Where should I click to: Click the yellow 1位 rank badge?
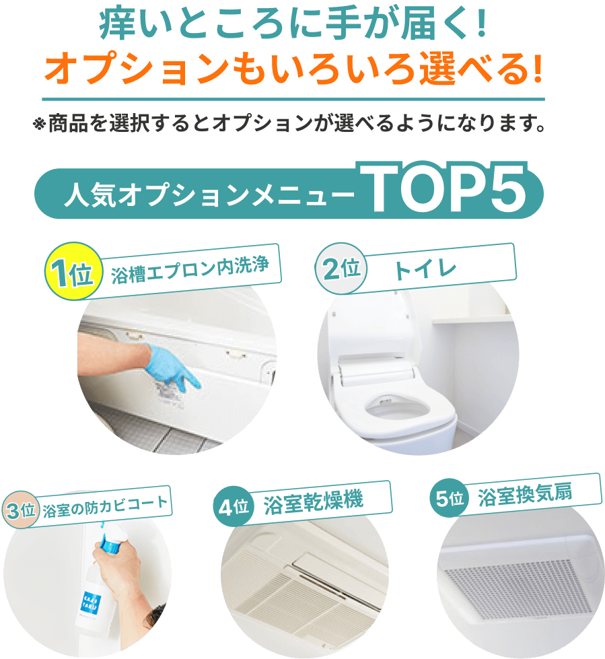tap(73, 271)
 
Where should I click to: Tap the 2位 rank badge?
tap(341, 268)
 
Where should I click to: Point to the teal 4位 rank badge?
tap(234, 506)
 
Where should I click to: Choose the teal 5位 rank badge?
tap(450, 498)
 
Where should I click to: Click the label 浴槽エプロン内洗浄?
tap(190, 270)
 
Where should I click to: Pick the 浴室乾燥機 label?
tap(314, 501)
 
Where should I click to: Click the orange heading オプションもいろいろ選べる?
tap(293, 69)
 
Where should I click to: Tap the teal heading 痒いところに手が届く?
tap(293, 24)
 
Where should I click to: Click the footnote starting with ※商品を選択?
tap(289, 123)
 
